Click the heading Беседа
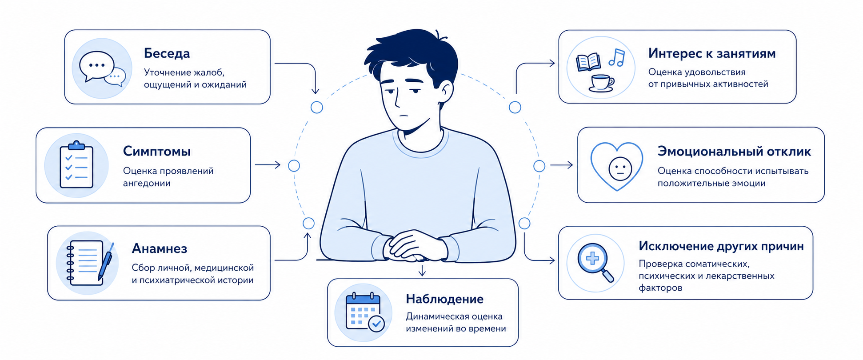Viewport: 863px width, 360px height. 167,54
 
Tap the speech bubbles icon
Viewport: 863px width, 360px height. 102,68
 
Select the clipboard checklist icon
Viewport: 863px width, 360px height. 76,165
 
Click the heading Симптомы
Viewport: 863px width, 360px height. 157,152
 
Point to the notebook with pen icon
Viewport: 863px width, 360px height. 90,263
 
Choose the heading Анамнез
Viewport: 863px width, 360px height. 160,248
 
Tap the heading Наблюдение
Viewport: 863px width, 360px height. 445,299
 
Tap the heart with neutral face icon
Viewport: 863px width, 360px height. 616,166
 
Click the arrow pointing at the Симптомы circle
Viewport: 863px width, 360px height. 268,165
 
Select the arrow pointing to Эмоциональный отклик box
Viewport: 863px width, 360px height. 562,165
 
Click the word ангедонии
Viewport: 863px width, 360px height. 147,184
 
